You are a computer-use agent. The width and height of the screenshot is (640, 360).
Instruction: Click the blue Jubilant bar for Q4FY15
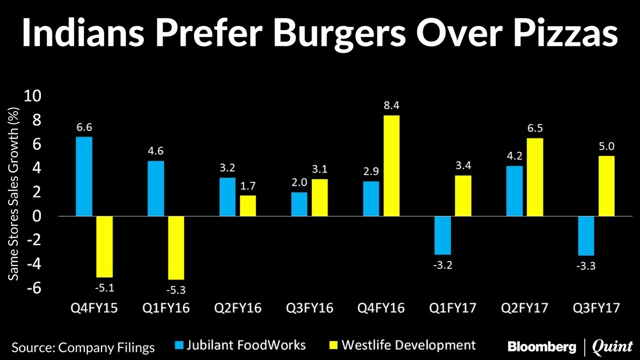(84, 176)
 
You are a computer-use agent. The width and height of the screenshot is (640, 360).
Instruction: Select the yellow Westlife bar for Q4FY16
(391, 165)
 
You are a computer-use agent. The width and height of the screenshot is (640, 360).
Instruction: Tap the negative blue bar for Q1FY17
(443, 235)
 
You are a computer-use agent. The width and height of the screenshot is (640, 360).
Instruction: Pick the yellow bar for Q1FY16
(176, 247)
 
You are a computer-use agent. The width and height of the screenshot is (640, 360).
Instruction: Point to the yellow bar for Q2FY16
(248, 205)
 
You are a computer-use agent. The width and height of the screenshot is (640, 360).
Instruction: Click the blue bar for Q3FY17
(586, 235)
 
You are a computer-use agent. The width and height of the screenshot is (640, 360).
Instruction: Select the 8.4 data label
(391, 105)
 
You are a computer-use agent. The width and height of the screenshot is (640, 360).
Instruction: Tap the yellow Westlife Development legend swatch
(333, 345)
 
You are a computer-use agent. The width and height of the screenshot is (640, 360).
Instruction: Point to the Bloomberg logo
(541, 346)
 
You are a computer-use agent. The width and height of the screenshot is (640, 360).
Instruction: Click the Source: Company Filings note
(83, 347)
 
